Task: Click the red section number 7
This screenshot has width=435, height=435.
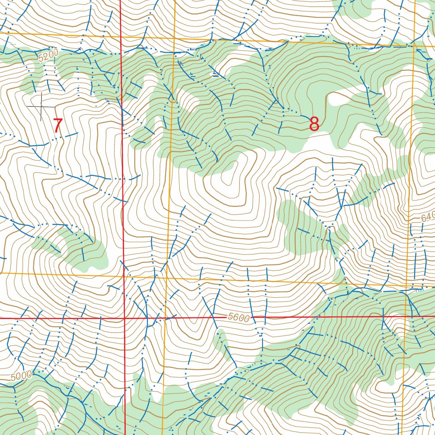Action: coord(58,126)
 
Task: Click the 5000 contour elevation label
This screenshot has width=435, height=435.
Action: coord(22,376)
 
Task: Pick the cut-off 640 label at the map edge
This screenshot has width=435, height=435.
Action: coord(427,217)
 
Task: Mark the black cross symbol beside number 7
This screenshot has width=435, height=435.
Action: coord(41,106)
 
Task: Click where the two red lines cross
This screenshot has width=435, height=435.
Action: coord(124,318)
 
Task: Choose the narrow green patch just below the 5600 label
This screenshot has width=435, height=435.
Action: coord(221,340)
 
